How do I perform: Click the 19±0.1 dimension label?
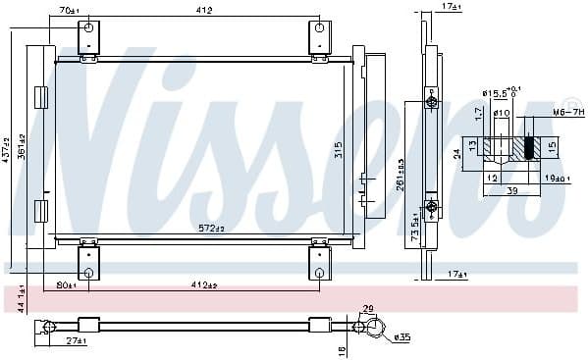click(x=557, y=179)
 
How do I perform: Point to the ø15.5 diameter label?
click(x=496, y=93)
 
